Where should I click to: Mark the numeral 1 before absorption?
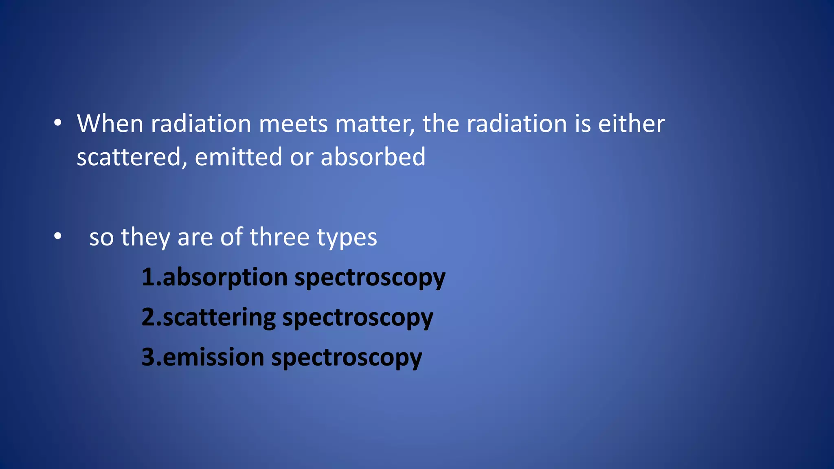[x=148, y=277]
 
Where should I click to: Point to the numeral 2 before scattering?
[x=148, y=317]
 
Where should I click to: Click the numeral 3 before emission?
[x=148, y=357]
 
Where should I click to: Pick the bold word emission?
[x=213, y=357]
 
